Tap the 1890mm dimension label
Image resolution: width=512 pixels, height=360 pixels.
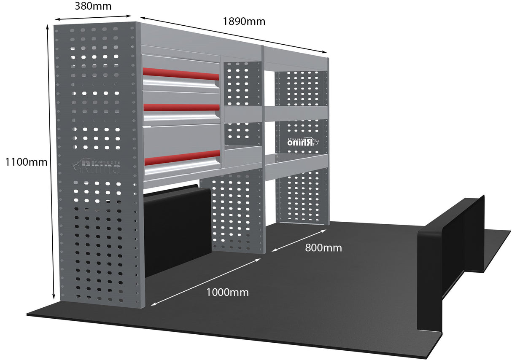tap(245, 21)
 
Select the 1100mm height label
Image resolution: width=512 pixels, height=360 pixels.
tap(24, 161)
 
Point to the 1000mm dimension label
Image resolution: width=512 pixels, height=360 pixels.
tap(227, 292)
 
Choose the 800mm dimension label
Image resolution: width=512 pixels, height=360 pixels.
tap(323, 248)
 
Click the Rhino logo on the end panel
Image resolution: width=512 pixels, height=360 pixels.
tap(97, 167)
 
